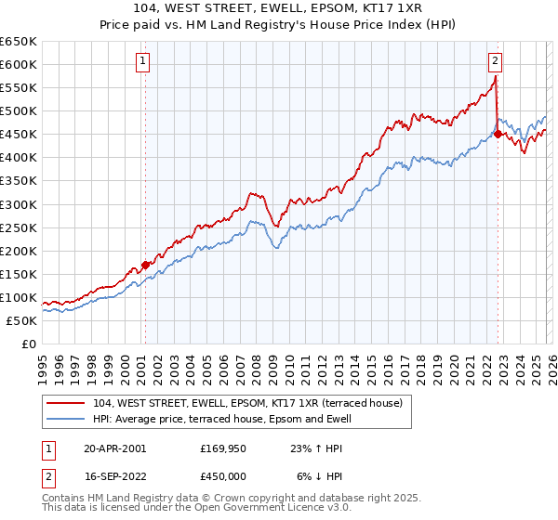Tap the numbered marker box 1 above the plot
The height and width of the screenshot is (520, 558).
pyautogui.click(x=144, y=62)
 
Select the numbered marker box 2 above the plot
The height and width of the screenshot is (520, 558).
pyautogui.click(x=495, y=62)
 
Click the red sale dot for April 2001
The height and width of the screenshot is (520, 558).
pyautogui.click(x=145, y=265)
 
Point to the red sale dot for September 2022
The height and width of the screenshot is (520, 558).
pyautogui.click(x=498, y=134)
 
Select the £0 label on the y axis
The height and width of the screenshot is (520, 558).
pyautogui.click(x=29, y=344)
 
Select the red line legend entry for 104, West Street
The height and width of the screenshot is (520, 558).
pyautogui.click(x=247, y=403)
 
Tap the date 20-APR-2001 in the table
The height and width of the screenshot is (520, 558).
pyautogui.click(x=115, y=448)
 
